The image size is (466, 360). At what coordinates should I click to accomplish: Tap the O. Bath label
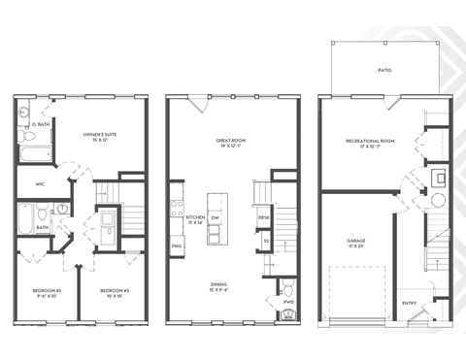tap(42, 124)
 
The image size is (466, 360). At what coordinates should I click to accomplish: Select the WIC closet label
tap(41, 182)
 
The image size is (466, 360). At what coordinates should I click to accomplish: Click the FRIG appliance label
tap(178, 246)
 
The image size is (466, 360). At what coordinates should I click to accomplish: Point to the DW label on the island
tap(215, 219)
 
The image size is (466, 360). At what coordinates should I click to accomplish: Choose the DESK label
tap(264, 218)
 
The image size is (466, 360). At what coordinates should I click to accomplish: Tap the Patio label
tap(385, 72)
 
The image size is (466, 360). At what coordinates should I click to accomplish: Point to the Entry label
tap(410, 303)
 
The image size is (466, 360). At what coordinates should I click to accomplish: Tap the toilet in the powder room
tap(288, 289)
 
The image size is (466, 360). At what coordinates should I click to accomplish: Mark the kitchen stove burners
tap(176, 206)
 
